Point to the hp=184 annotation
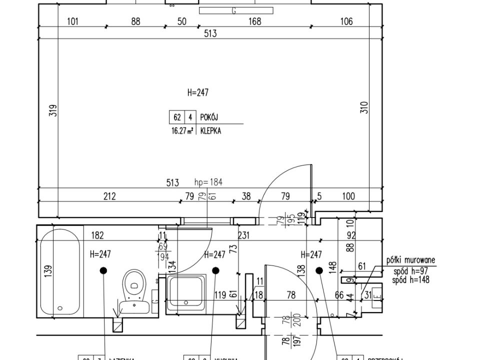208,182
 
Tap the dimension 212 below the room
109,196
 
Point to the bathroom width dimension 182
98,235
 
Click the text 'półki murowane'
411,260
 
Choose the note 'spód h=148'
411,280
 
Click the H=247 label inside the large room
197,92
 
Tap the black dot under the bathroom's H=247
103,270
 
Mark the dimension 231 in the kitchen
244,235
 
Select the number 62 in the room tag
177,117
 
